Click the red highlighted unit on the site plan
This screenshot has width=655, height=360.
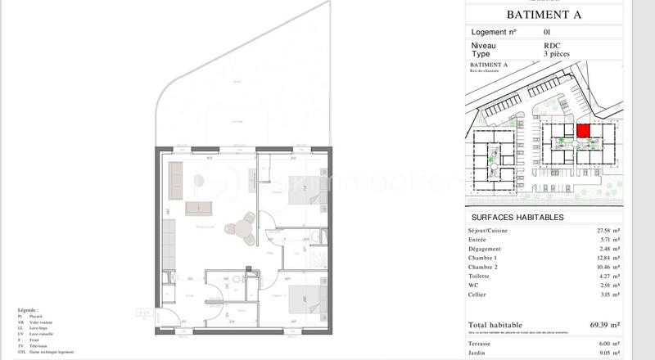coord(583,130)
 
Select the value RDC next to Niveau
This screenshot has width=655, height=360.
coord(551,47)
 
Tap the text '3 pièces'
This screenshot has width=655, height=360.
coord(558,54)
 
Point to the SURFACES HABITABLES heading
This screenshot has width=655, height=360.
coord(517,218)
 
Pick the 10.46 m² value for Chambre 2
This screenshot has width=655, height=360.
coord(607,267)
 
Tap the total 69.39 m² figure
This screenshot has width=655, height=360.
coord(604,325)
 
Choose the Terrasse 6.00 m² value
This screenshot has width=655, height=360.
coord(608,344)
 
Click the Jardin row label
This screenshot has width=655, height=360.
coord(481,353)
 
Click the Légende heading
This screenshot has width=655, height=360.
coord(27,310)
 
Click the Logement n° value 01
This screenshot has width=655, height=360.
coord(547,32)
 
